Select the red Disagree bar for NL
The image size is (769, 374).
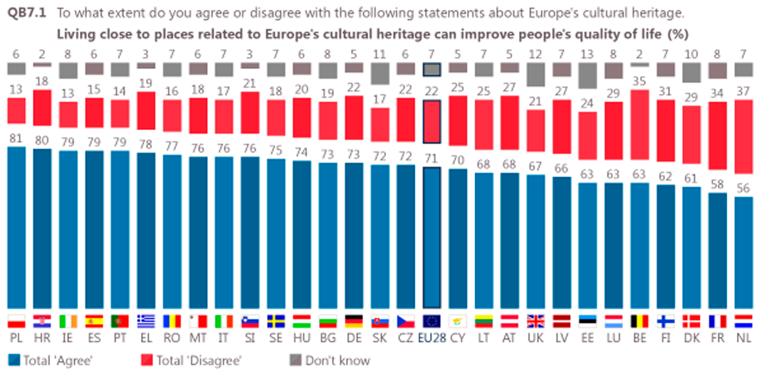point(743,137)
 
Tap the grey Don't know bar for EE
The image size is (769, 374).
point(588,75)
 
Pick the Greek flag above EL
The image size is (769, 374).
point(146,320)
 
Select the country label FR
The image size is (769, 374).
point(717,336)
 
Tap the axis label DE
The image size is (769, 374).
point(354,336)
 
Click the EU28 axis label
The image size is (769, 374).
point(431,336)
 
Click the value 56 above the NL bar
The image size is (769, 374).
point(743,189)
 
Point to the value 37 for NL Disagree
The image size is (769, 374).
point(743,92)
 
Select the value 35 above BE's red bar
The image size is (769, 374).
point(640,81)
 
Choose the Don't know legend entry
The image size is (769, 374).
point(332,360)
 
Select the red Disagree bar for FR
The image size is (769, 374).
point(717,146)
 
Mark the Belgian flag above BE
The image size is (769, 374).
point(640,320)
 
